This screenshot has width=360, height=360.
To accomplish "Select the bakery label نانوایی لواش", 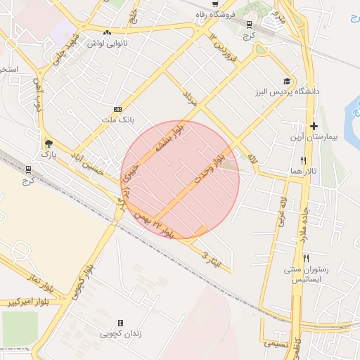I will coord(106,43).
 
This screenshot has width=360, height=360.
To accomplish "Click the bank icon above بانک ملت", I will coord(117,109).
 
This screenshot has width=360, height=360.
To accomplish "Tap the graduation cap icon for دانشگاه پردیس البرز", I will coord(286,81).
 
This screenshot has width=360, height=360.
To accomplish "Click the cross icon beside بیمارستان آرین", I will coord(314,126).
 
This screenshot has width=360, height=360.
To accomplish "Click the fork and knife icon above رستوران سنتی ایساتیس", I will coord(306,258).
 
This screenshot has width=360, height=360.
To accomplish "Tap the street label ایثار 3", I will coord(215,259).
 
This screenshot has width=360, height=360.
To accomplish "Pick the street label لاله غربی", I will coord(283,211).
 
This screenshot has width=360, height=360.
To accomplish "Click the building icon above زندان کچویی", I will coord(120,323).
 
